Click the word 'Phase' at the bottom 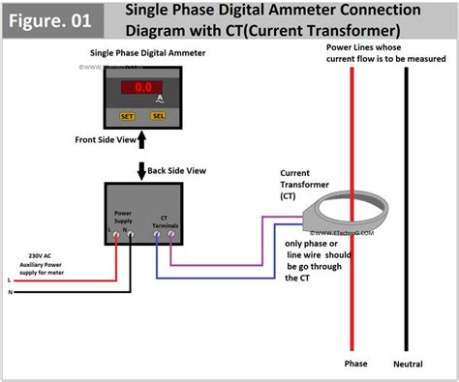click(355, 364)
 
